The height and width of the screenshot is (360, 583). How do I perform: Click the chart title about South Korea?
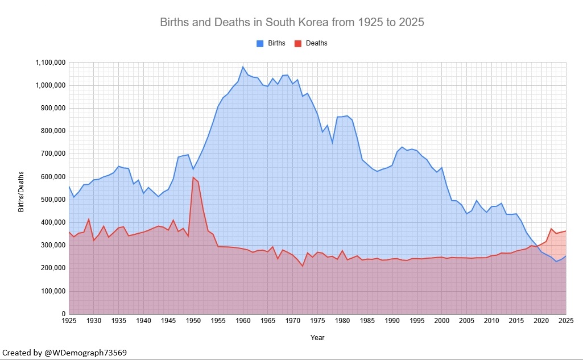pos(292,23)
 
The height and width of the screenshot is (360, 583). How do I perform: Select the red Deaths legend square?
pos(297,43)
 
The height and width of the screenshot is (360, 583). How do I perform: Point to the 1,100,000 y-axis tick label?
pos(50,62)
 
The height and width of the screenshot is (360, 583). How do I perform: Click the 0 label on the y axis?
pos(64,314)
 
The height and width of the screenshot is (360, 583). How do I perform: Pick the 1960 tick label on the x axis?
pos(243,322)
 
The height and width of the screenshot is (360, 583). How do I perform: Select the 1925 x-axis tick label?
pos(69,322)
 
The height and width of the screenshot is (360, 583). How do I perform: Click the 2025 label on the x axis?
pos(565,322)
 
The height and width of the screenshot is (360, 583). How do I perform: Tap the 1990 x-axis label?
pos(392,322)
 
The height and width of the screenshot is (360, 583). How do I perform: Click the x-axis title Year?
pos(317,338)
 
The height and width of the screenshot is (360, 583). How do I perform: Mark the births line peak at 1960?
pos(243,67)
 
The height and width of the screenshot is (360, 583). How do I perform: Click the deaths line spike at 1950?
pos(193,177)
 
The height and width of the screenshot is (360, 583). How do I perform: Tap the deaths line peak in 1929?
pos(89,219)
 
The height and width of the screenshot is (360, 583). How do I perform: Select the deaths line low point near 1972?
pos(303,266)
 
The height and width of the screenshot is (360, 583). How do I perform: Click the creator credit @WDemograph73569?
pos(64,353)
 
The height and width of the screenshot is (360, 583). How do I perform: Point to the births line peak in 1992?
pos(402,147)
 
